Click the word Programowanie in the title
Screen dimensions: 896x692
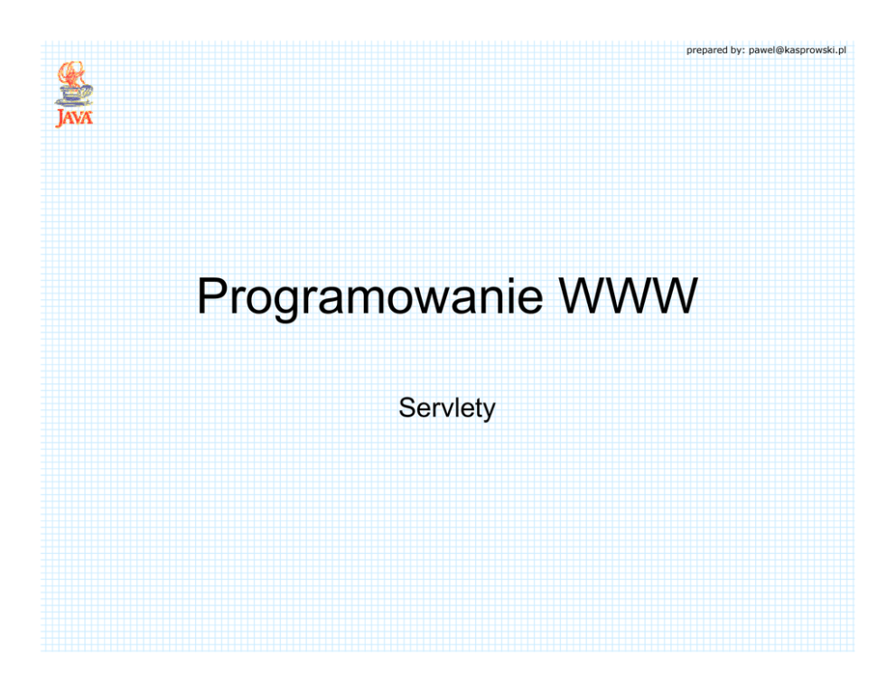coord(369,297)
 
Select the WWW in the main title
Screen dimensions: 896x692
coord(628,295)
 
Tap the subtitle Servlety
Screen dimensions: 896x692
coord(447,408)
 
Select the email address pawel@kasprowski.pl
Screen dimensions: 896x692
coord(798,51)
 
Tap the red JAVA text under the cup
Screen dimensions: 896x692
coord(74,118)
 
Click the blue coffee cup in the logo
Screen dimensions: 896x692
coord(74,93)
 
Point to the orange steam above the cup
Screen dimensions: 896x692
coord(72,74)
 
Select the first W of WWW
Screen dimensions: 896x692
coord(582,295)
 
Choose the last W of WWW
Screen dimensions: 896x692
coord(675,295)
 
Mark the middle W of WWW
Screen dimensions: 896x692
coord(628,295)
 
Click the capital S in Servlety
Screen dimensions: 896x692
coord(406,407)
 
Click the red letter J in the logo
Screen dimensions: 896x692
coord(60,119)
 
